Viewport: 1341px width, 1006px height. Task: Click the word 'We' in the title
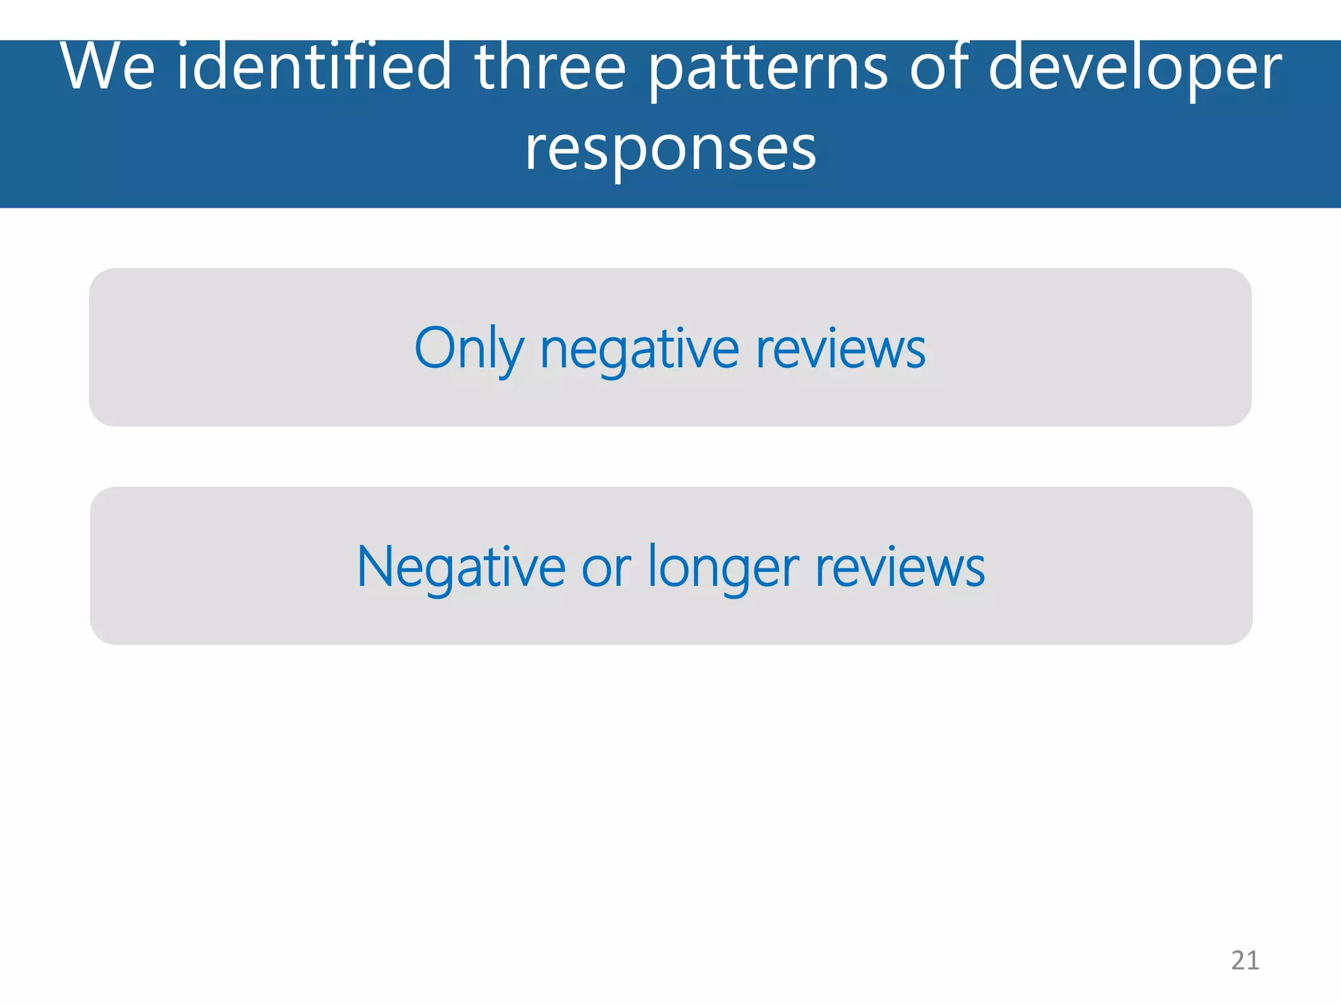[x=108, y=67]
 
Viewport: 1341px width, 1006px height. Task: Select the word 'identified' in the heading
[x=314, y=67]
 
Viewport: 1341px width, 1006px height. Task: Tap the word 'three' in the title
[x=550, y=67]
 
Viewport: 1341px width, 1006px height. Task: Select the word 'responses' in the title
[x=670, y=149]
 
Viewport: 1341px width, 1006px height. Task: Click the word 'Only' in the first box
[x=469, y=350]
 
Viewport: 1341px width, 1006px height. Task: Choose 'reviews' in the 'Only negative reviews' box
[x=841, y=348]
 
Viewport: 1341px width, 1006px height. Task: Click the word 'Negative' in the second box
[x=461, y=567]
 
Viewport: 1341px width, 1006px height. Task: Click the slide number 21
[x=1245, y=960]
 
